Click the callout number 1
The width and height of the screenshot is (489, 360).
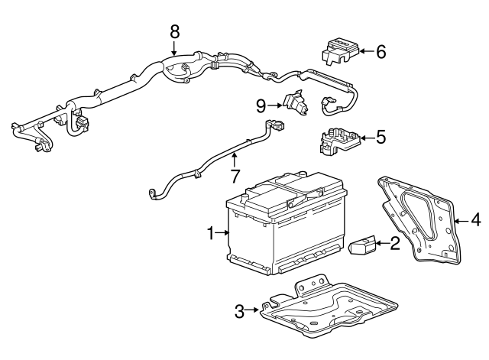click(210, 232)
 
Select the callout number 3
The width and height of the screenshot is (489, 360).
click(239, 310)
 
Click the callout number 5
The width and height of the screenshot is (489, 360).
click(381, 138)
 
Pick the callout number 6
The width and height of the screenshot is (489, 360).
click(381, 52)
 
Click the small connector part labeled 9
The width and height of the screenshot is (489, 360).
click(294, 104)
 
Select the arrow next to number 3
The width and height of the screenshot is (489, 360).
click(254, 310)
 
